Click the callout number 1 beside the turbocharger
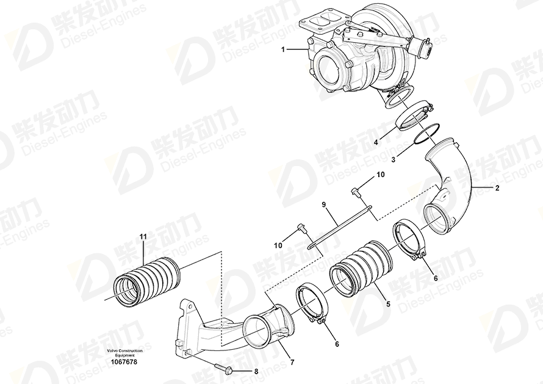point(283,49)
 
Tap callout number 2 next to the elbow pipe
point(498,189)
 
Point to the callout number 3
point(394,160)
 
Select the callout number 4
point(376,142)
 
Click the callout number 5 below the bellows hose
point(389,304)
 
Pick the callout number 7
point(292,363)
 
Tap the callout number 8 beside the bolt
point(256,372)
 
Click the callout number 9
point(324,205)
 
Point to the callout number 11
point(143,237)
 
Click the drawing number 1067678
point(124,362)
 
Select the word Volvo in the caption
point(112,351)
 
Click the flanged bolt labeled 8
point(224,368)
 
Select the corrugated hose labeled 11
point(146,283)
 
